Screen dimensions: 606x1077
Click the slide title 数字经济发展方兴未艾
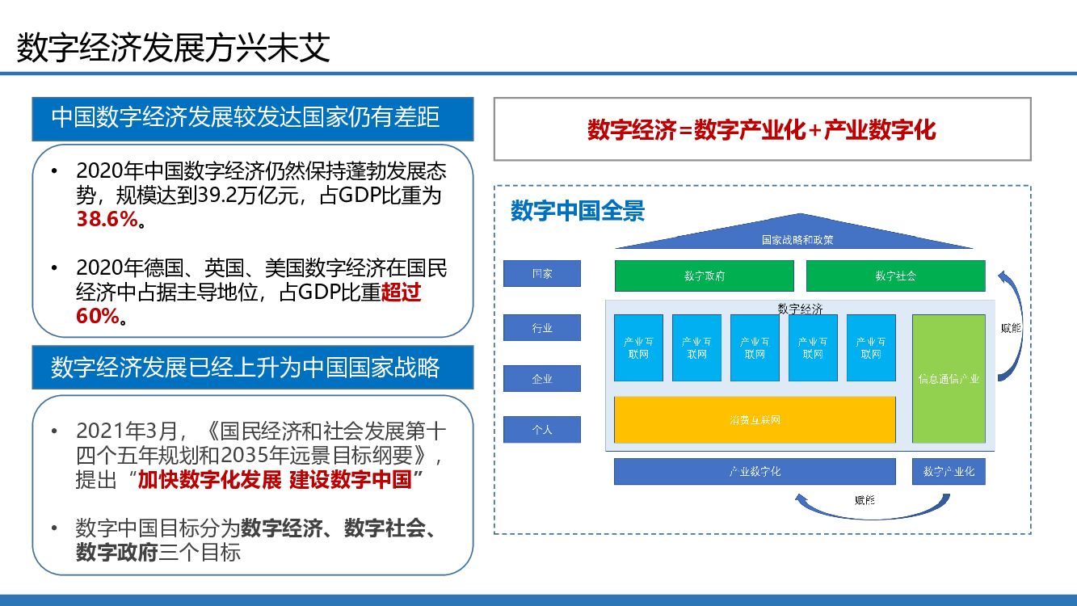coord(174,48)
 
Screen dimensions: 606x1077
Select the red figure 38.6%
coord(107,219)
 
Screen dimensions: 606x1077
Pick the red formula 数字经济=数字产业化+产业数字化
coord(761,129)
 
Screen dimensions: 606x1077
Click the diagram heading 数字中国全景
coord(578,212)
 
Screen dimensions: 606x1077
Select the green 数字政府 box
coord(704,276)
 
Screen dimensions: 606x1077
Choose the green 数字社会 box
coord(895,276)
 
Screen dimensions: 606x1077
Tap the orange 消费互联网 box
coord(755,420)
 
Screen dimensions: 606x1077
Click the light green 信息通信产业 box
coord(949,378)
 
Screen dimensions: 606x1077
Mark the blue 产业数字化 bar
coord(755,471)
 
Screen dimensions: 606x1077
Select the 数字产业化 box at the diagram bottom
coord(949,471)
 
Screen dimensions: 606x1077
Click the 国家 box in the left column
coord(541,273)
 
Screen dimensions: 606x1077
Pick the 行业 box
coord(541,327)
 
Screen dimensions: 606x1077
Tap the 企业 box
coord(541,378)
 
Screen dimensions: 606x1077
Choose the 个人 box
coord(541,429)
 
